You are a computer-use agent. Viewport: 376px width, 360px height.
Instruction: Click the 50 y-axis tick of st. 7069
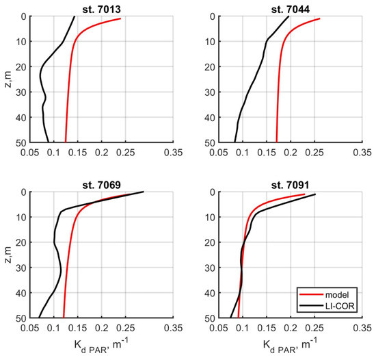(x=21, y=319)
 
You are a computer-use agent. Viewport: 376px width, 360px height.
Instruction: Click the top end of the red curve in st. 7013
(x=121, y=18)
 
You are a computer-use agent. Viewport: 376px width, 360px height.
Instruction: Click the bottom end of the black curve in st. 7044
(x=235, y=142)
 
